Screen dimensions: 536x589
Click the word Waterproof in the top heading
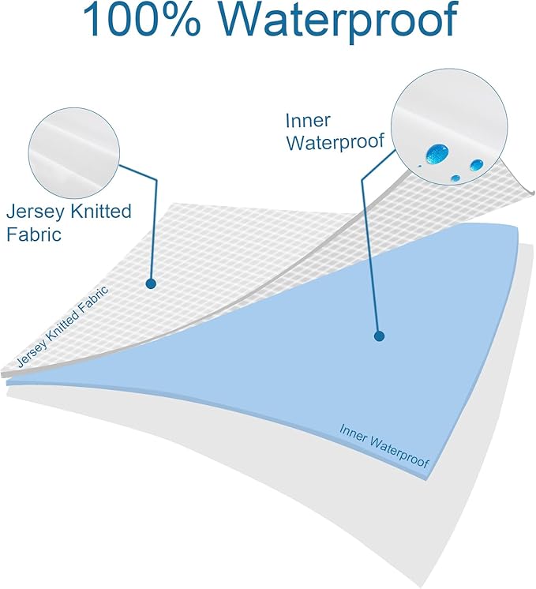pos(338,20)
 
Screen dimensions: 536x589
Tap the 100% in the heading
pos(141,19)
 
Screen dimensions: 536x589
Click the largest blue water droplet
pos(437,152)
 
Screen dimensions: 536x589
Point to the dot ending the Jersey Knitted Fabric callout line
pos(151,283)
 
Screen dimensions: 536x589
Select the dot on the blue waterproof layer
pos(380,336)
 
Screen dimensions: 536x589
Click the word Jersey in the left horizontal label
pos(36,212)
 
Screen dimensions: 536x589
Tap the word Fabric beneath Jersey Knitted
pos(34,234)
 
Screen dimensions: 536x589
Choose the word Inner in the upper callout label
pos(308,121)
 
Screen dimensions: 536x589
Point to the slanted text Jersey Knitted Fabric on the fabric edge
pos(62,326)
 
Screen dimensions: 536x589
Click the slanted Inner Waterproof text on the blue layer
pos(384,446)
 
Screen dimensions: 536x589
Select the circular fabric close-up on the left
pos(74,154)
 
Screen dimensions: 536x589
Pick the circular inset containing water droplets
pos(449,126)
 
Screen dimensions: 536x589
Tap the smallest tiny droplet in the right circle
pos(420,166)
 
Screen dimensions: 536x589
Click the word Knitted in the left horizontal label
pos(100,211)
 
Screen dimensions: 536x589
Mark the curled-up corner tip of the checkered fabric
pos(533,193)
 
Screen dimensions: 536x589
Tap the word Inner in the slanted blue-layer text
pos(353,433)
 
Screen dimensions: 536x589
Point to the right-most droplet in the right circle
pos(477,164)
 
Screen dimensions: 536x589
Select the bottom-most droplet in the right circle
pos(455,178)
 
